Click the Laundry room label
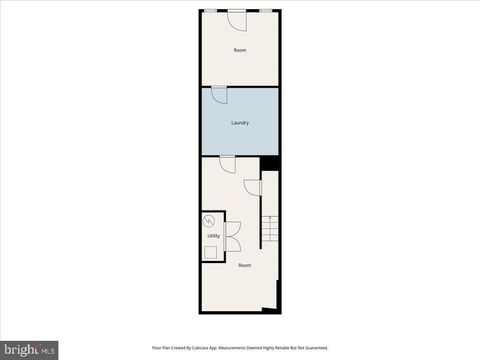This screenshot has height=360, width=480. click(240, 123)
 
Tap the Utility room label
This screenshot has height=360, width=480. click(213, 236)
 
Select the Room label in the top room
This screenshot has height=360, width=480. click(240, 50)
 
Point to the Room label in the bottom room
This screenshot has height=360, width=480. click(245, 265)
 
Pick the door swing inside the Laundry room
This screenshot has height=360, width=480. click(219, 94)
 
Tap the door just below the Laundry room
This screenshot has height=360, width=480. click(227, 162)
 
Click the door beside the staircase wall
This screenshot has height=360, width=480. click(253, 188)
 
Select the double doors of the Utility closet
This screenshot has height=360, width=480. click(232, 237)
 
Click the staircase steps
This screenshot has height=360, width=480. click(271, 231)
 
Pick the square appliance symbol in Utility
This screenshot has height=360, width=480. click(210, 252)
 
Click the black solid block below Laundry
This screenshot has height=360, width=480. click(269, 162)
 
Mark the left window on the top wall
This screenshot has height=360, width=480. click(211, 10)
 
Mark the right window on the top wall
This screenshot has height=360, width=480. click(267, 10)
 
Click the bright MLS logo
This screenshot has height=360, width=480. click(29, 350)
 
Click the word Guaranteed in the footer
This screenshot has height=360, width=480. click(315, 348)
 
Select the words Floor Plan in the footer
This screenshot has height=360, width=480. click(161, 348)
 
